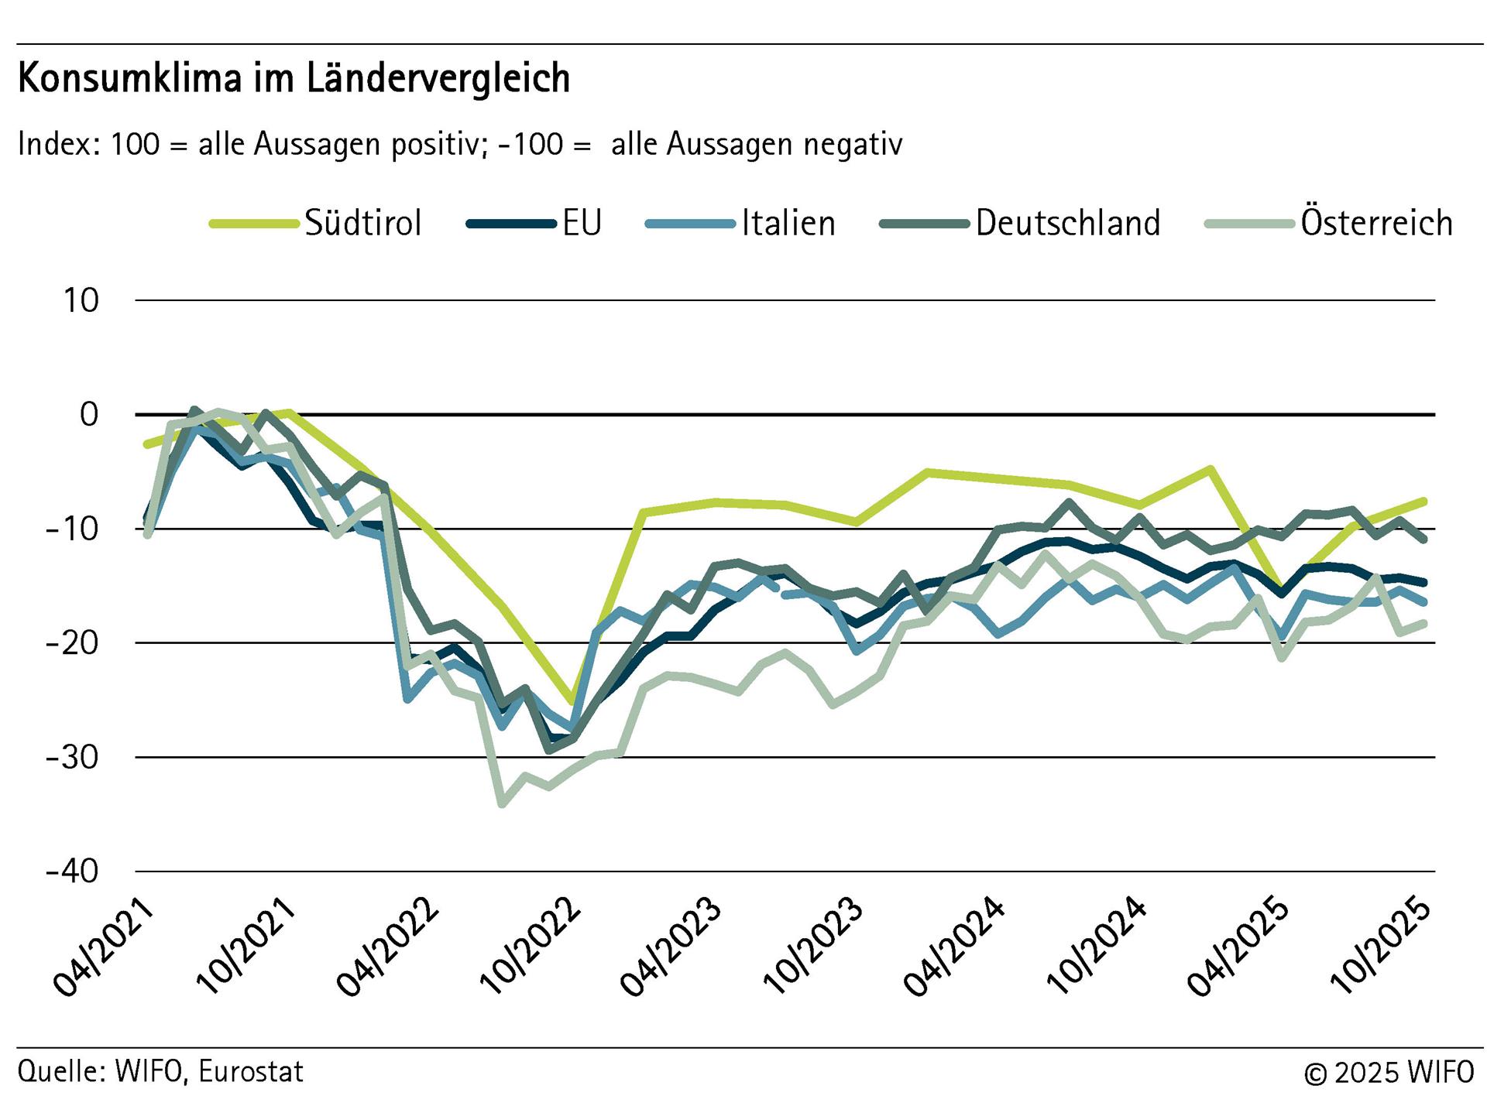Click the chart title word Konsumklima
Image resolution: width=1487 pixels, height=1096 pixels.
pyautogui.click(x=129, y=78)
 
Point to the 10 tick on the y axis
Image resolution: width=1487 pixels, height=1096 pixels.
pyautogui.click(x=81, y=300)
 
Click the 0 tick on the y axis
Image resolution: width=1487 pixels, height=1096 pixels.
pyautogui.click(x=90, y=415)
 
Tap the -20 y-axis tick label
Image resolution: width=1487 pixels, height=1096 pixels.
pyautogui.click(x=72, y=643)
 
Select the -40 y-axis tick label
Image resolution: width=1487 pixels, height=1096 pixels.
pyautogui.click(x=72, y=872)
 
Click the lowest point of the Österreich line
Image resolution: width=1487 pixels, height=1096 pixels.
pyautogui.click(x=502, y=804)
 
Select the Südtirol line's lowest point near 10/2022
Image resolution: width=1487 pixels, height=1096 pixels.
pyautogui.click(x=572, y=701)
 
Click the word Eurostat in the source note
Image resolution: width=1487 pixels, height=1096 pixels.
pyautogui.click(x=251, y=1071)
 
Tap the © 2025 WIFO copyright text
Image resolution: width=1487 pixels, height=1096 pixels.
pyautogui.click(x=1389, y=1073)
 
